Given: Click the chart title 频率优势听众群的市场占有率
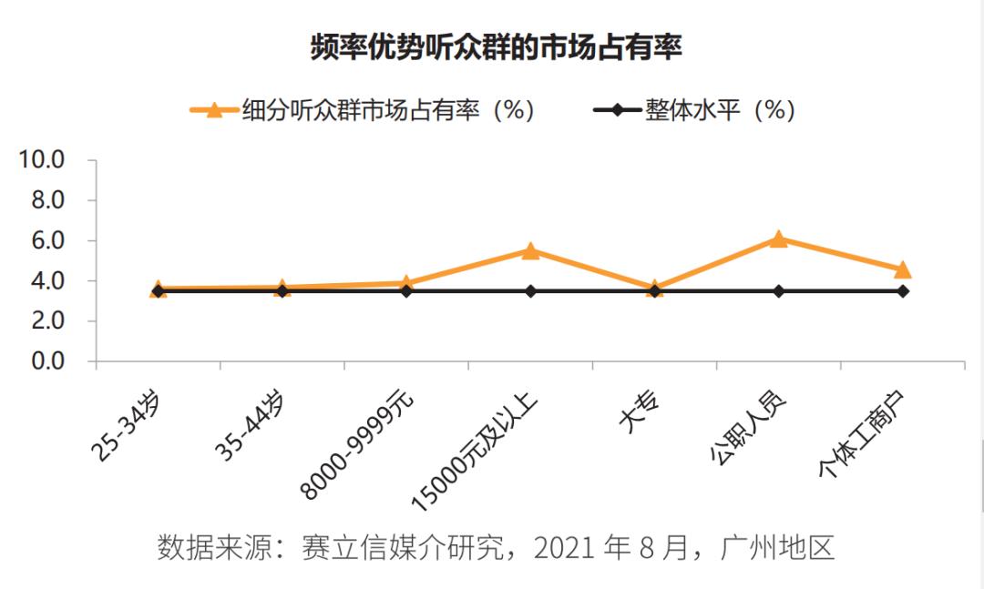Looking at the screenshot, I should [496, 46].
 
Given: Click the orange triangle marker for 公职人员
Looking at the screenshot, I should [778, 239].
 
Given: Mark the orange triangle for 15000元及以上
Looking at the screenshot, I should [530, 250].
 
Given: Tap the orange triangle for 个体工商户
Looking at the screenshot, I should [902, 269].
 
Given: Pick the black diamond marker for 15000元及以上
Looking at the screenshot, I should [530, 291].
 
